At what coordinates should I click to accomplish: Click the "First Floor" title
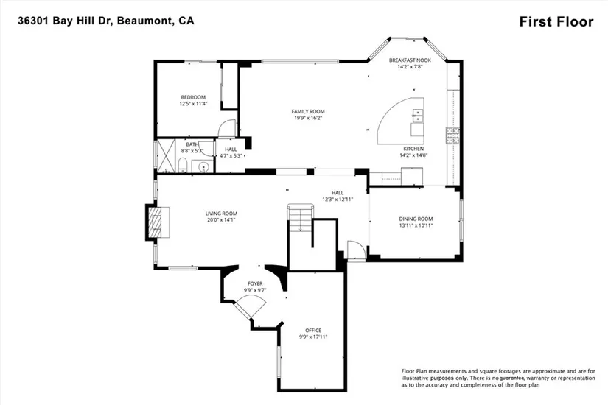(556, 21)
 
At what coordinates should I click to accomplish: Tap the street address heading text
(106, 21)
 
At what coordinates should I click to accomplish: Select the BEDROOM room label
(193, 97)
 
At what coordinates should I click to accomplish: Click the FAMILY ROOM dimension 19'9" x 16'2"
(308, 117)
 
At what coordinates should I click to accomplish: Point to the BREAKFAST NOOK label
(410, 60)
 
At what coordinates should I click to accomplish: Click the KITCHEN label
(413, 149)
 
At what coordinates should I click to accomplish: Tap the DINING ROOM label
(416, 219)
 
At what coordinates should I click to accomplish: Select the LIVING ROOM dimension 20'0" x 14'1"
(221, 219)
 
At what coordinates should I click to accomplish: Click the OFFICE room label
(313, 331)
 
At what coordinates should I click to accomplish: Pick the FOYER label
(255, 283)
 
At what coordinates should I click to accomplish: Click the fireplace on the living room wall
(157, 222)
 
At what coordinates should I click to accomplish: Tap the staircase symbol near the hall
(300, 219)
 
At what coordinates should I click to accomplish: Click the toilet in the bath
(183, 166)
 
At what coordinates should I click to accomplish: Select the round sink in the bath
(203, 167)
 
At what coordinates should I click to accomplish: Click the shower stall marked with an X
(166, 156)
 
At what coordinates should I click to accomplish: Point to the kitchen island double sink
(417, 116)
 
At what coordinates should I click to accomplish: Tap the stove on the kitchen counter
(452, 135)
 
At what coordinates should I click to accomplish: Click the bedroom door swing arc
(226, 128)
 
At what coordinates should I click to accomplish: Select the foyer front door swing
(251, 307)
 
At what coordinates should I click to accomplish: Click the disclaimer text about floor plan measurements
(498, 378)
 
